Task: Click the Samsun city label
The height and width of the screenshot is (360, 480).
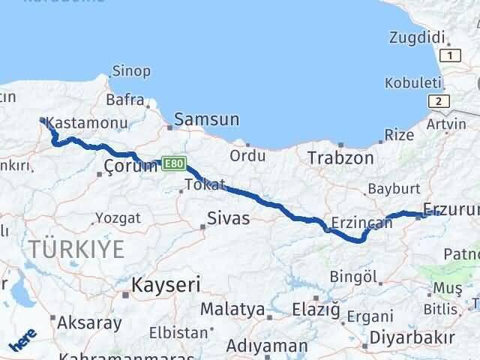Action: click(x=207, y=119)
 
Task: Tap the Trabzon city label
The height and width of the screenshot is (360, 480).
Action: click(x=340, y=158)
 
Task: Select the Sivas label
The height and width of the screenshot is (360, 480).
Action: click(x=229, y=219)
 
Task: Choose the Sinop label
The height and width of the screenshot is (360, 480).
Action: click(x=131, y=72)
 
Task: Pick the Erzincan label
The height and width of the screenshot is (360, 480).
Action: click(x=364, y=223)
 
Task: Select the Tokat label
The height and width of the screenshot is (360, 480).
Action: click(x=204, y=184)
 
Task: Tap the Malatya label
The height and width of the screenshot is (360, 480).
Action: click(x=232, y=309)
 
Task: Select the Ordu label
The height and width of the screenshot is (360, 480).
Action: click(x=248, y=155)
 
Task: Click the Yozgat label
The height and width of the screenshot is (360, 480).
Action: click(x=118, y=218)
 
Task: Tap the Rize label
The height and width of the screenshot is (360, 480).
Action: click(x=398, y=135)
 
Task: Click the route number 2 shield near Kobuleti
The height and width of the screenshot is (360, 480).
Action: click(x=436, y=100)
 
